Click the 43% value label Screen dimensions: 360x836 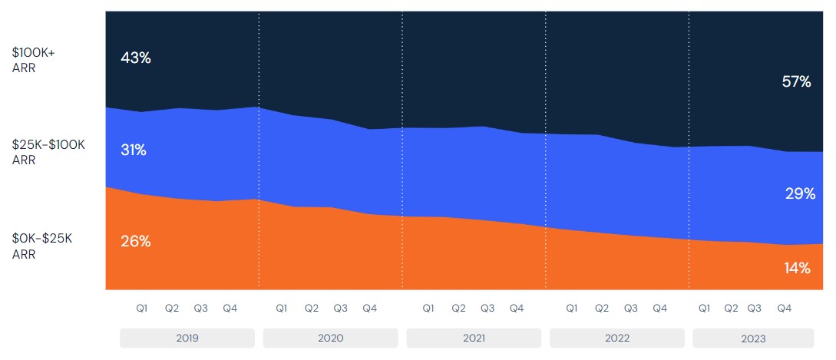(136, 58)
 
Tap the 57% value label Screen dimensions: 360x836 (796, 81)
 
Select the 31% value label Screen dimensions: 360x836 (134, 150)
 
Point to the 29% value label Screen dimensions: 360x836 (800, 193)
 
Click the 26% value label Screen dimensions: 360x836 (136, 241)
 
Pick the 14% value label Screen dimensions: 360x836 (798, 268)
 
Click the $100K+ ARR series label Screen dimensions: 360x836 (34, 60)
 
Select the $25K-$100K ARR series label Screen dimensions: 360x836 (48, 152)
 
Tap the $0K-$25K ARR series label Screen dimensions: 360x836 (42, 246)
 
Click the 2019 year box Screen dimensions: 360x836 (187, 338)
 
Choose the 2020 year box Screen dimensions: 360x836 (330, 338)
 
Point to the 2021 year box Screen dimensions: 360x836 (474, 338)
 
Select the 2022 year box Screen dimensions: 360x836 (616, 338)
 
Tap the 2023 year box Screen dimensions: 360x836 (753, 338)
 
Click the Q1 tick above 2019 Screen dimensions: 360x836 (142, 309)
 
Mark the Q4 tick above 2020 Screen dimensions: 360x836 (369, 309)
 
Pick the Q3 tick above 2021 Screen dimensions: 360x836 (487, 309)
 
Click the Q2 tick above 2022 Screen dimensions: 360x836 (601, 309)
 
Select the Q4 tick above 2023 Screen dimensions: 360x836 (784, 309)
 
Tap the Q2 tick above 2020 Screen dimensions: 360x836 (311, 309)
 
